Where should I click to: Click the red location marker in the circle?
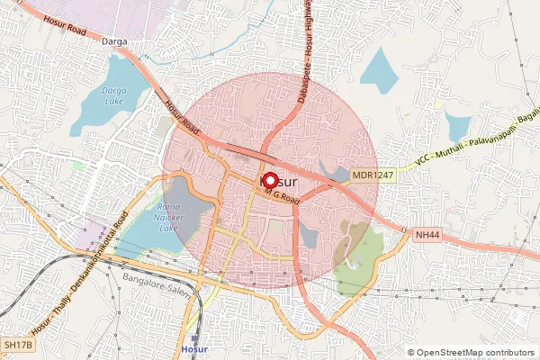(269, 179)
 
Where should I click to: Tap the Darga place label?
(115, 42)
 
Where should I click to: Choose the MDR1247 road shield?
(372, 175)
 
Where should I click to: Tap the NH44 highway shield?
(427, 234)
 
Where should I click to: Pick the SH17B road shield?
(17, 345)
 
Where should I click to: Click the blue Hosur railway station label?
(193, 348)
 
